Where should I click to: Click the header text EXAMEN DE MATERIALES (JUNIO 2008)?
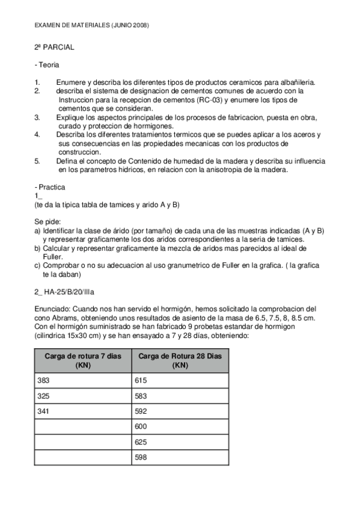[91, 25]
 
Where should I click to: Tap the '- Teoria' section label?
[47, 64]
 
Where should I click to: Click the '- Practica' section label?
[50, 187]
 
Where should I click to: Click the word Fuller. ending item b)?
[54, 256]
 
